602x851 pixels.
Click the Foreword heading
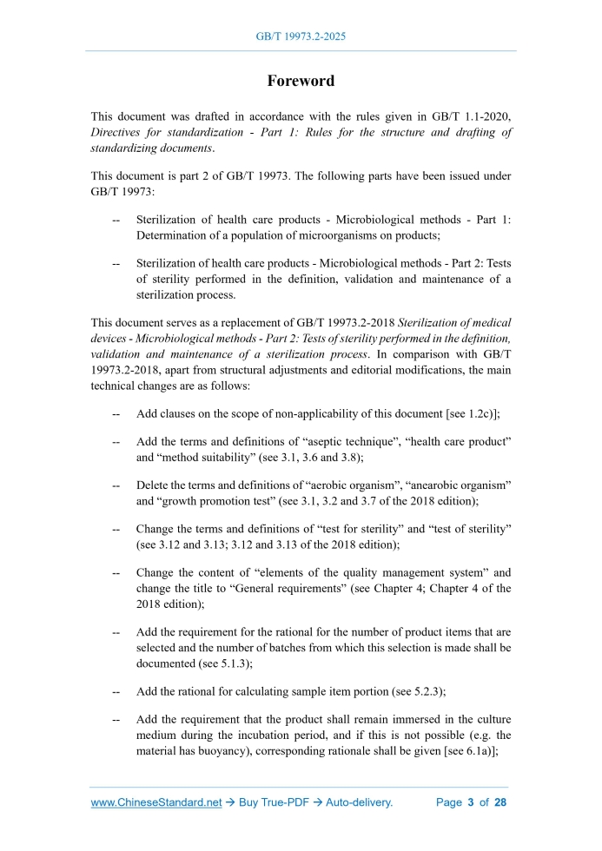(301, 81)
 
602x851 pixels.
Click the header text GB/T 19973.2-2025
(301, 37)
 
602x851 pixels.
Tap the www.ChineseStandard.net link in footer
(156, 802)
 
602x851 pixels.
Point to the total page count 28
(499, 802)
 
